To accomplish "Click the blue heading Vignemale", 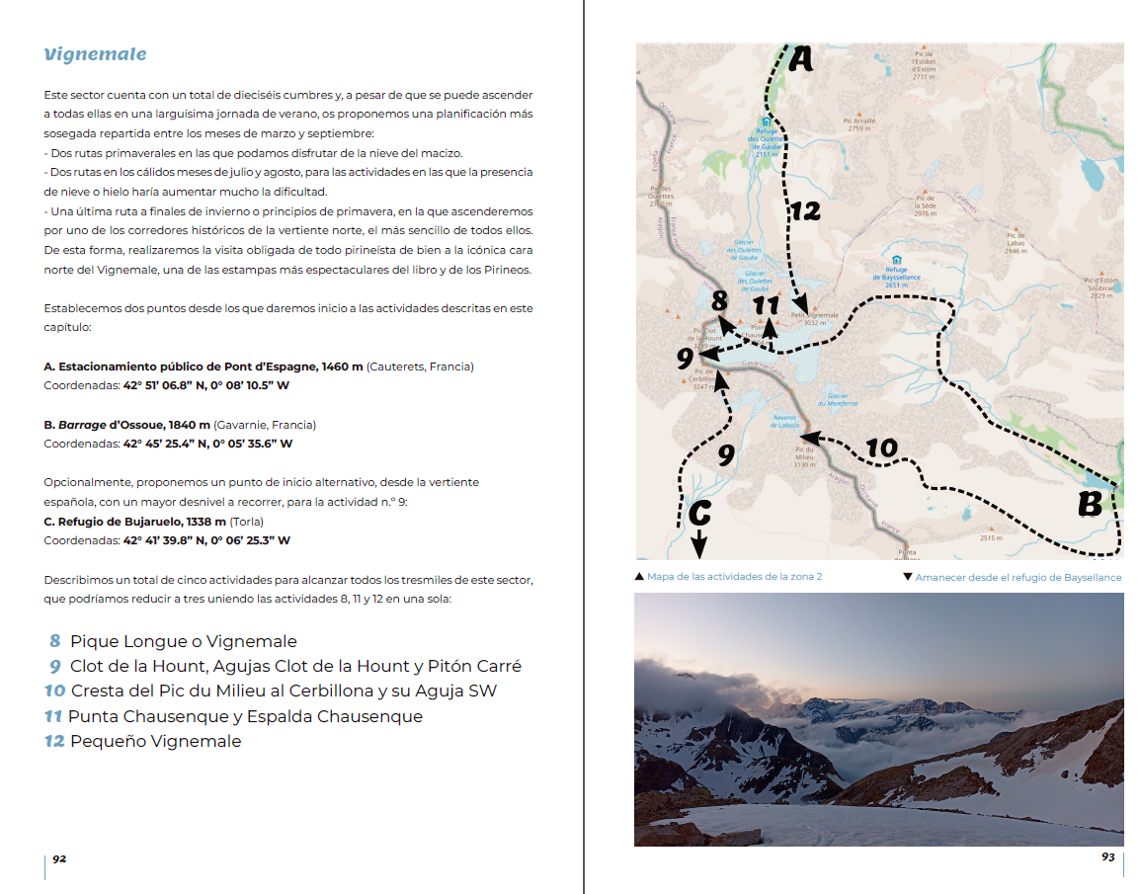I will pos(95,54).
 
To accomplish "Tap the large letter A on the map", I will pos(800,61).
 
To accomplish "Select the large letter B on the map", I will pos(1089,505).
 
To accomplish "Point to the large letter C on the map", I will pos(699,513).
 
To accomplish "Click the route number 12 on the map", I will pos(805,210).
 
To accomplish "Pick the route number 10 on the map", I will pos(881,448).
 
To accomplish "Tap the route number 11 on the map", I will pos(766,305).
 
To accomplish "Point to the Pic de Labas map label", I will pos(1015,243).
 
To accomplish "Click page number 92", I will pos(59,858).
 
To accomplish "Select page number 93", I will pos(1108,857).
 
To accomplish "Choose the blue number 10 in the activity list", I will pos(54,691).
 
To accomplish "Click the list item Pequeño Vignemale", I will pos(155,742).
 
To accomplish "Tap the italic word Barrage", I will pos(82,425).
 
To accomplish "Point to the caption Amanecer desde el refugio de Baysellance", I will pos(1018,577).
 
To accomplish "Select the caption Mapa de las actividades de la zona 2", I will pos(734,577).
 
